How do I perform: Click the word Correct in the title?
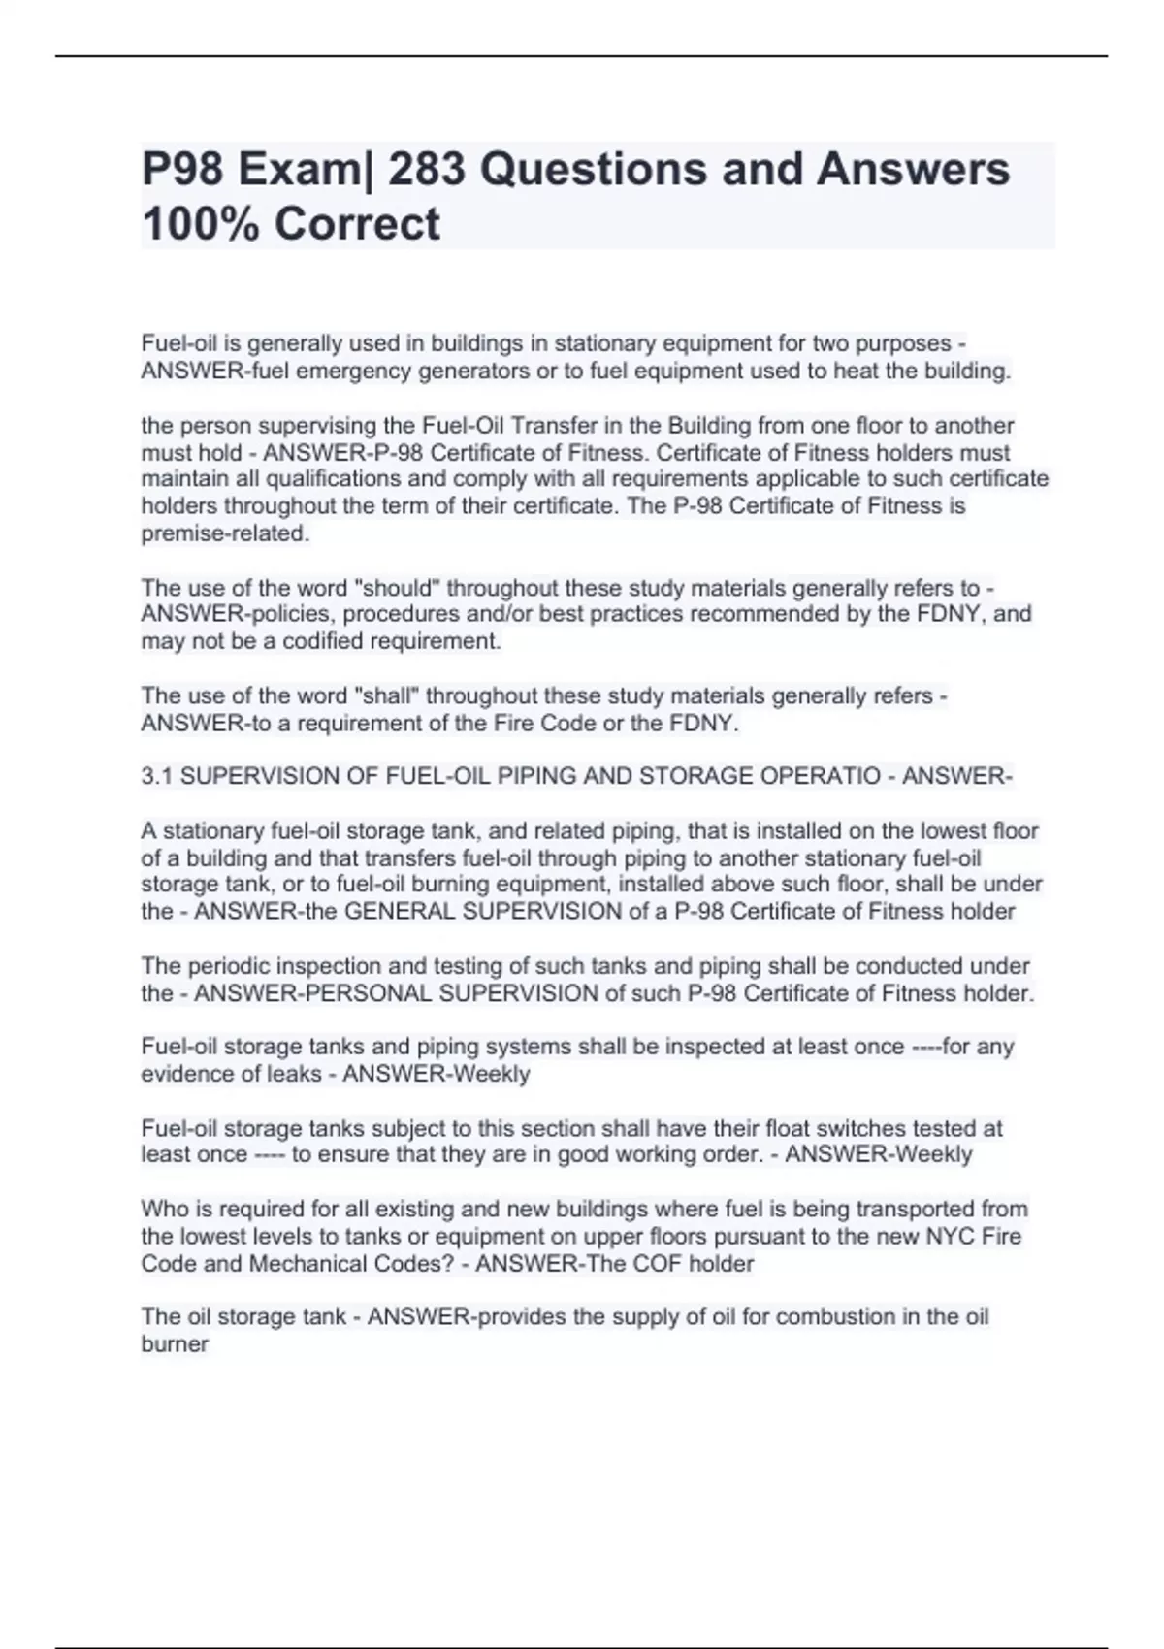[x=357, y=224]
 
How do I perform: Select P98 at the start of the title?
[x=183, y=170]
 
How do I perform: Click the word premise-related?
[x=225, y=533]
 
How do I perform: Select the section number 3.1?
[x=157, y=776]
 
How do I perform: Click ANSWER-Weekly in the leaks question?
[x=436, y=1074]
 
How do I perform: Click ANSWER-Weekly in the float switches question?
[x=878, y=1154]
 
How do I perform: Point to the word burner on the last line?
[x=175, y=1344]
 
